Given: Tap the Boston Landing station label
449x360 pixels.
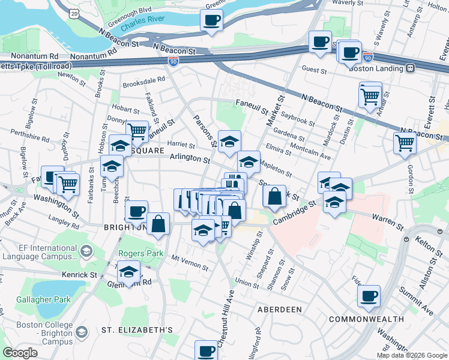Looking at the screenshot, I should [x=376, y=68].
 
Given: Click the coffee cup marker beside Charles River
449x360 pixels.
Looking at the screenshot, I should [x=211, y=21].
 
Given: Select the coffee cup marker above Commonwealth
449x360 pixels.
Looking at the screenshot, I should [x=369, y=296].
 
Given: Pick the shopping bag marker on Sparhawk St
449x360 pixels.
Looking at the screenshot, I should [x=274, y=196].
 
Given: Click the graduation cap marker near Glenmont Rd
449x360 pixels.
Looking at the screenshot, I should [x=128, y=272].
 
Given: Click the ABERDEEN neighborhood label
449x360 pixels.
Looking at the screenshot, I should [x=279, y=310].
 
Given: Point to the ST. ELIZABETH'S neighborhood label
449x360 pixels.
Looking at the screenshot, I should [x=137, y=330].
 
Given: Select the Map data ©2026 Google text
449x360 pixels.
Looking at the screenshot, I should [x=411, y=355].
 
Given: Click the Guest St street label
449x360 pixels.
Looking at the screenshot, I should [x=314, y=71].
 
